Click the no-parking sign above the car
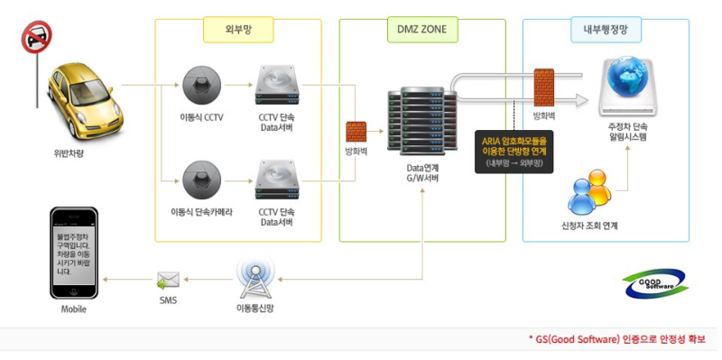pyautogui.click(x=36, y=38)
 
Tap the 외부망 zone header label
pyautogui.click(x=237, y=31)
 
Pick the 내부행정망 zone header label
pyautogui.click(x=606, y=31)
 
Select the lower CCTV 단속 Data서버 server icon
pyautogui.click(x=276, y=179)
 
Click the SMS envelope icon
pyautogui.click(x=168, y=279)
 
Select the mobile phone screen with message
pyautogui.click(x=72, y=254)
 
